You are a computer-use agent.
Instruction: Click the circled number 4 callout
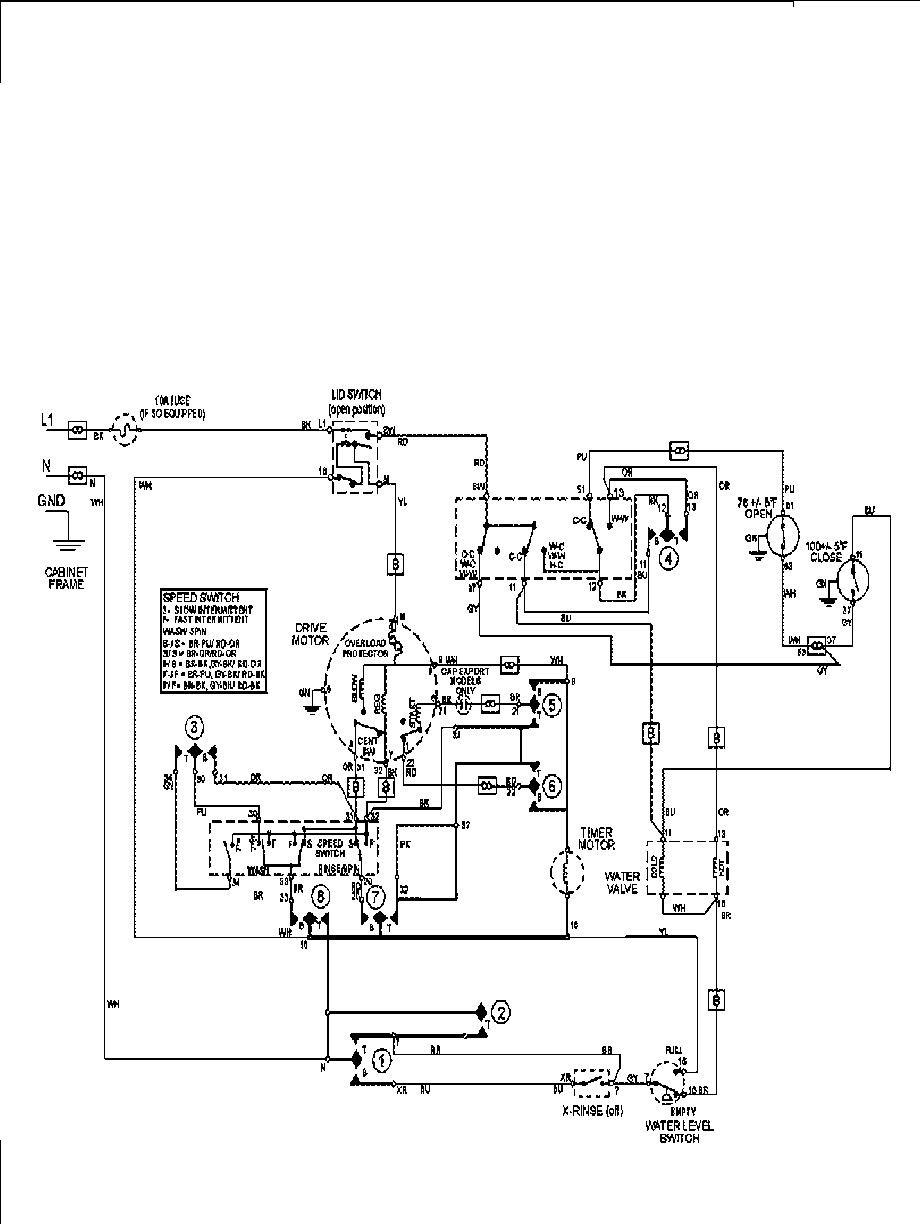pyautogui.click(x=668, y=559)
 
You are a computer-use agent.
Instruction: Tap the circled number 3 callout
pyautogui.click(x=193, y=727)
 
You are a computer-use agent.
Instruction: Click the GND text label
pyautogui.click(x=52, y=501)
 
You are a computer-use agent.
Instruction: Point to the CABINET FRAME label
pyautogui.click(x=66, y=578)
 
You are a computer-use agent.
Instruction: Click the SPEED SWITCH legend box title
pyautogui.click(x=201, y=597)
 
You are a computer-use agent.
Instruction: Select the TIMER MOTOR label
pyautogui.click(x=596, y=838)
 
